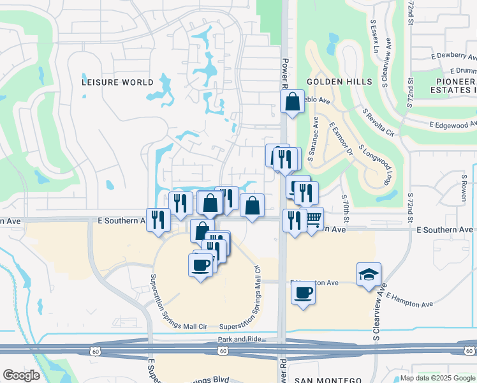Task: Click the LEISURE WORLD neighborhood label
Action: pyautogui.click(x=118, y=82)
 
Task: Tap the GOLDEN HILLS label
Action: pyautogui.click(x=339, y=82)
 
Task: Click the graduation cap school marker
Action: pyautogui.click(x=369, y=274)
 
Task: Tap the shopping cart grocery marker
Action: pyautogui.click(x=312, y=218)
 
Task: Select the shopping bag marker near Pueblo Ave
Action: pyautogui.click(x=291, y=101)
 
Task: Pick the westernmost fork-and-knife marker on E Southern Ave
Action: pyautogui.click(x=158, y=220)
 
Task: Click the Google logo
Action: pyautogui.click(x=21, y=375)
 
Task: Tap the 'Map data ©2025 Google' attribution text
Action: pyautogui.click(x=437, y=378)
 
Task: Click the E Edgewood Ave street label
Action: pyautogui.click(x=453, y=125)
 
